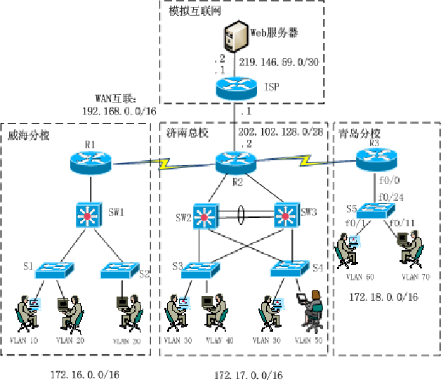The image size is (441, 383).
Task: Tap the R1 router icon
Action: (91, 162)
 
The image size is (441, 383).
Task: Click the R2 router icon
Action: (234, 163)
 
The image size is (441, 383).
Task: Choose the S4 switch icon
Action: (290, 268)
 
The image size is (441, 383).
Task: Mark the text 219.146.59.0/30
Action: (279, 62)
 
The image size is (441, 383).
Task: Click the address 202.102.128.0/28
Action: (279, 131)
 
